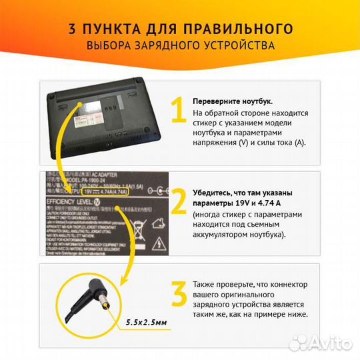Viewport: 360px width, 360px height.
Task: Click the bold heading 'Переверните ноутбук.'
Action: pos(232,101)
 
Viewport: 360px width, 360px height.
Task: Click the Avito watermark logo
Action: pos(327,344)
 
